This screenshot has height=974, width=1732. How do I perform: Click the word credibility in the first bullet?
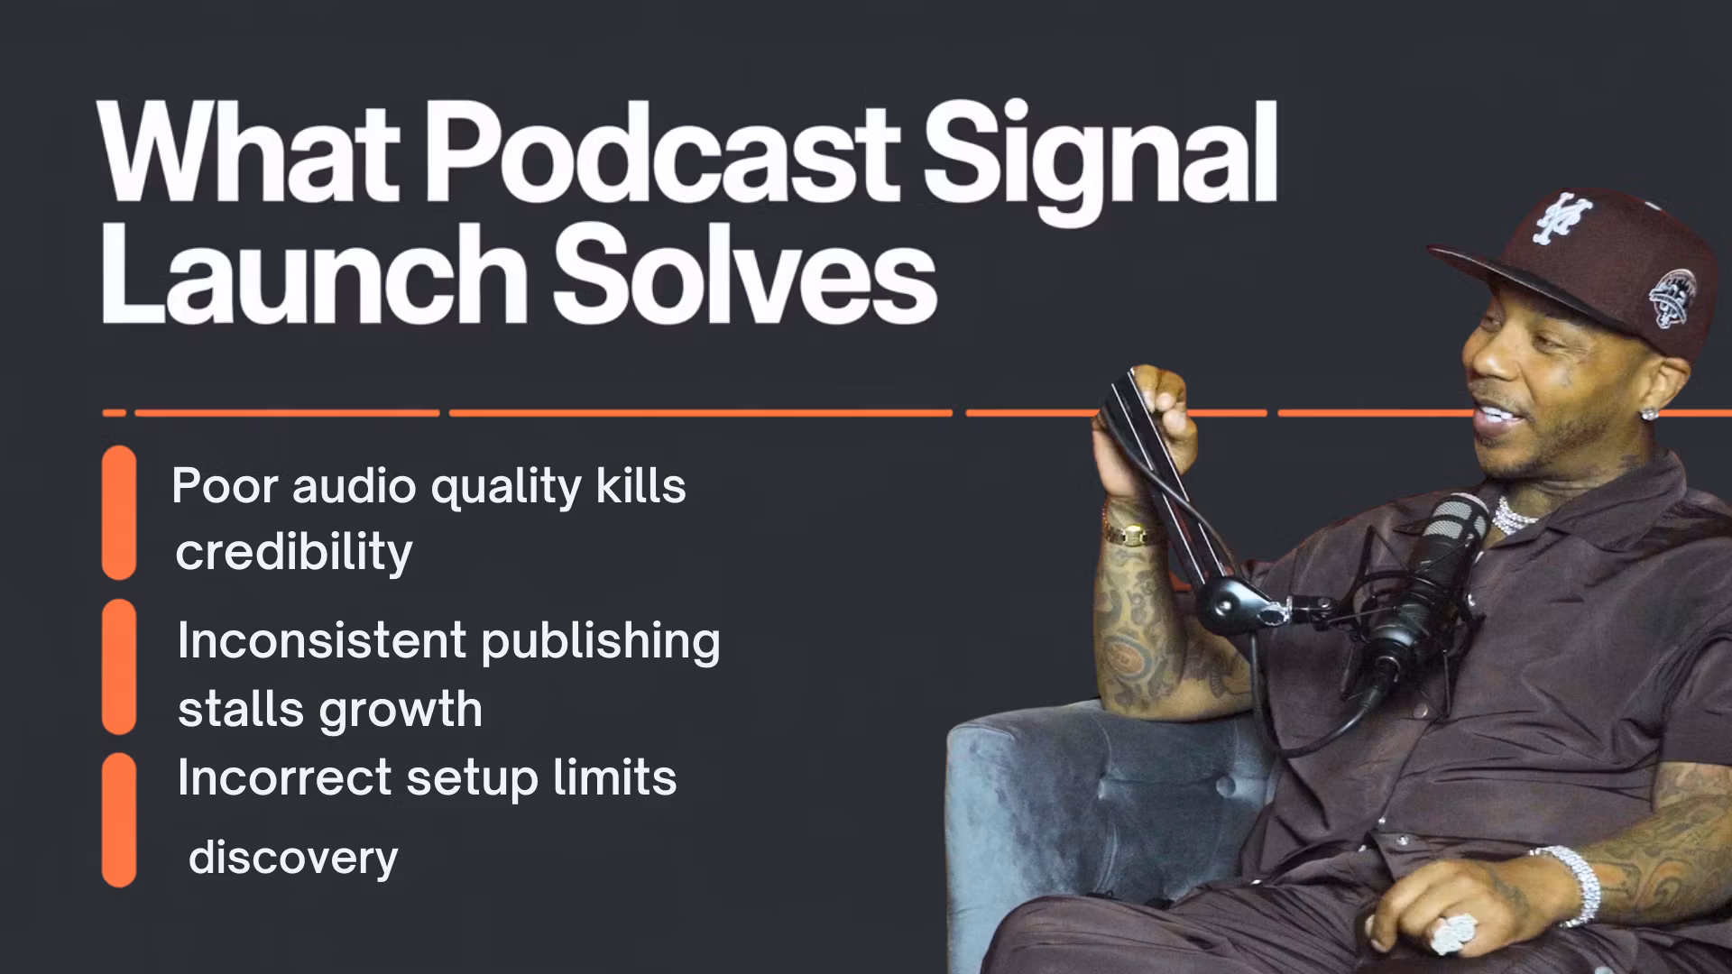294,552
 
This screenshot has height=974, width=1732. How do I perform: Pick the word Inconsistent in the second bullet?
322,640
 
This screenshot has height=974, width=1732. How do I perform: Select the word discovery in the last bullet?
293,858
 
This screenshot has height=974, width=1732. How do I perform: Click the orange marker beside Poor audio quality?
119,512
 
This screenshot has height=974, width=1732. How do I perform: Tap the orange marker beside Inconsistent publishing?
119,666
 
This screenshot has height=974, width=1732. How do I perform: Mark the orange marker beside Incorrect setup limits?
119,820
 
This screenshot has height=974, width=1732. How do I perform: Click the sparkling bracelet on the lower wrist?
1571,884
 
